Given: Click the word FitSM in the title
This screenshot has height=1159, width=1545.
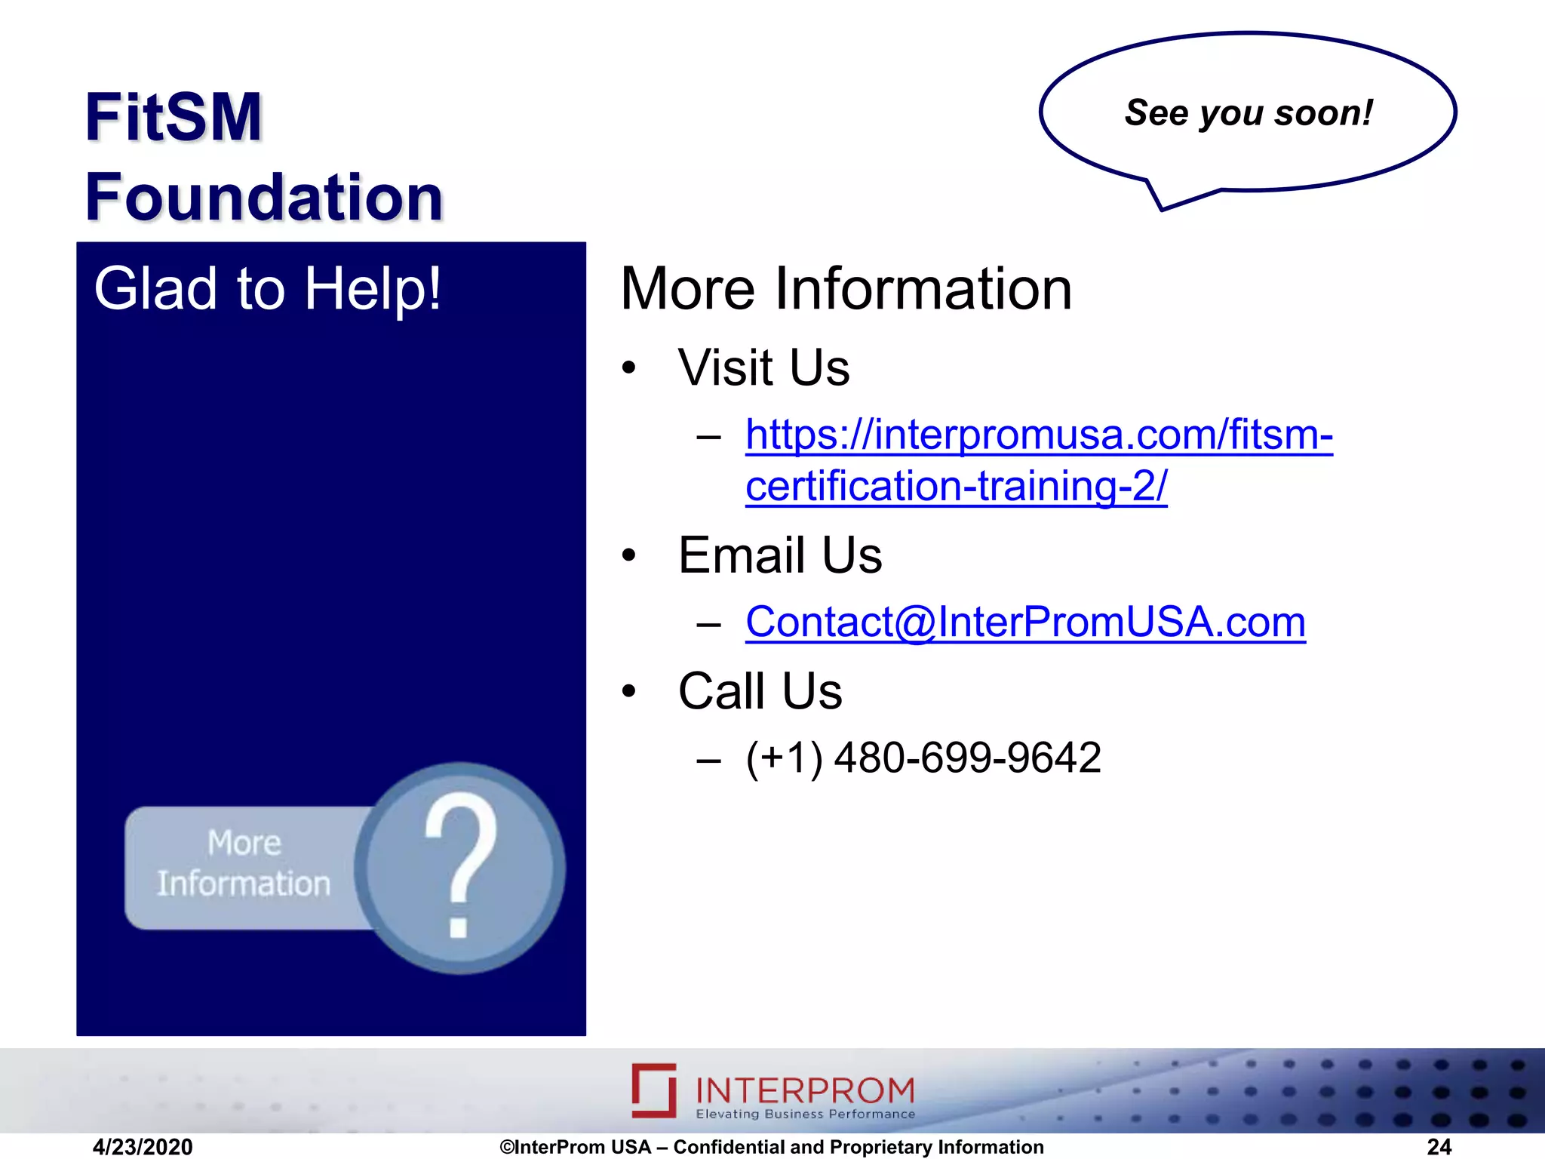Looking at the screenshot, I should point(173,117).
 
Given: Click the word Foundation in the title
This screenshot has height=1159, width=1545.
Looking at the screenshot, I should point(264,197).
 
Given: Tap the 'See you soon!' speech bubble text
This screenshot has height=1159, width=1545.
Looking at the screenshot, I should point(1249,113).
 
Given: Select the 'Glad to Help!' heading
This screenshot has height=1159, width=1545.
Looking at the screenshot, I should point(267,288).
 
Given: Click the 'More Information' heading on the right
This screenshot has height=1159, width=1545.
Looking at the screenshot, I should point(846,289).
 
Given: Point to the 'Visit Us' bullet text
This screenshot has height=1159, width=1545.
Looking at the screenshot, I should point(763,368).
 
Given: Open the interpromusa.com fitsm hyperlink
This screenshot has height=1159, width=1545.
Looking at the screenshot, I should point(1038,436).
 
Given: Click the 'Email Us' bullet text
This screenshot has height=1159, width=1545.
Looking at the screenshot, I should point(779,555).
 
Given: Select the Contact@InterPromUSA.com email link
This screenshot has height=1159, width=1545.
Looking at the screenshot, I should point(1025,623).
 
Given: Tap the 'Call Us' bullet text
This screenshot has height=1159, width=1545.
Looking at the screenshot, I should point(760,691).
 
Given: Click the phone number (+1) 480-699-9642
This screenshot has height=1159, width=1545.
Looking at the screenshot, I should point(923,758).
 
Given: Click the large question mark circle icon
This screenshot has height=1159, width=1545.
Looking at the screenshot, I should point(460,868).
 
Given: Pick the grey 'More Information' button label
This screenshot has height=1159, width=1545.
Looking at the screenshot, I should point(244,864).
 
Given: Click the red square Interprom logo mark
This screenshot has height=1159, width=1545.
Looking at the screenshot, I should point(654,1090).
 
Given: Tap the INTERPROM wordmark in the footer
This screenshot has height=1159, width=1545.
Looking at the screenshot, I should point(805,1090).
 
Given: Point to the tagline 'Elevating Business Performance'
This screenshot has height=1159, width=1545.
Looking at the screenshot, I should point(805,1114).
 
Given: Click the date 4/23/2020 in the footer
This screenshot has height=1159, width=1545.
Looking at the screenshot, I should point(143,1147).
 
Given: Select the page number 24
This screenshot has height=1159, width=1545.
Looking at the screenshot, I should point(1439,1147).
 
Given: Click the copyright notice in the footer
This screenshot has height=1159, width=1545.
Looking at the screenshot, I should point(772,1147).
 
